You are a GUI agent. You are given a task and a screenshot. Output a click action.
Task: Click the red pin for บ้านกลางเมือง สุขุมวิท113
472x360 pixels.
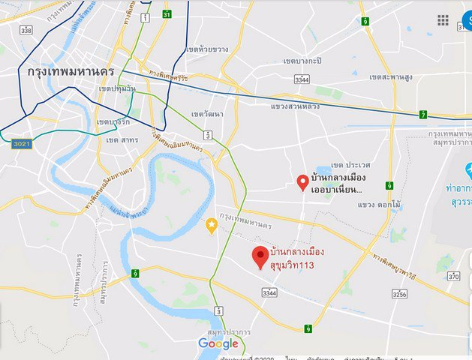260,256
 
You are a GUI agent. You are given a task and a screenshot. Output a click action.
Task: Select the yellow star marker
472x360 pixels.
212,225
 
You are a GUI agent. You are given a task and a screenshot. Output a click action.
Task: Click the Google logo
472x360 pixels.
218,343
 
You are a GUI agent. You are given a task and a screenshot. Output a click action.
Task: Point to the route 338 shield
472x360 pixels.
27,30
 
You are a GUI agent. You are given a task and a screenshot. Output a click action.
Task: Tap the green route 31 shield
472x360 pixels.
166,14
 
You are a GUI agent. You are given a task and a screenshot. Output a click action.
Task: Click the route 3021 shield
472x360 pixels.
22,143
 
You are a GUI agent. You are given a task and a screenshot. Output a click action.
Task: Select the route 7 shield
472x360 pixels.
422,115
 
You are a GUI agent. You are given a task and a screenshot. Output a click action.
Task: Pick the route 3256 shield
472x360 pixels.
399,295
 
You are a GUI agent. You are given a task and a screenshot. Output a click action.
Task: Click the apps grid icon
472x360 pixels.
443,20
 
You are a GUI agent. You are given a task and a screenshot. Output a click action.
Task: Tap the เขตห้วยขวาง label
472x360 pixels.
206,49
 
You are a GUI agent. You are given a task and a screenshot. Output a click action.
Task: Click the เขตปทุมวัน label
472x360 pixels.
117,88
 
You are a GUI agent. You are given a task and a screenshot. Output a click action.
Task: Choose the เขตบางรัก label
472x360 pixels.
113,122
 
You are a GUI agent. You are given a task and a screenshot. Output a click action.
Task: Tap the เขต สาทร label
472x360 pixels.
122,140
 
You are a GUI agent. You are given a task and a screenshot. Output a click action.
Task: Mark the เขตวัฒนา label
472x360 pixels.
208,114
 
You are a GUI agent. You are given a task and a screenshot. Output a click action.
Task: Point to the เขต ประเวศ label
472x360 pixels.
350,164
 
